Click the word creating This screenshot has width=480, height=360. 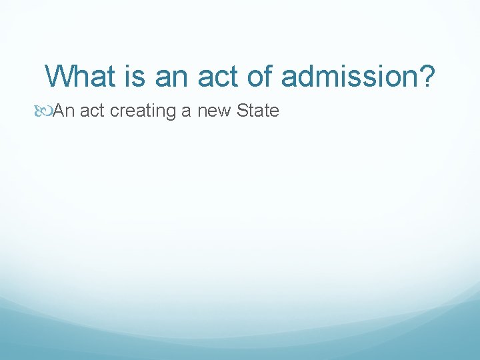[143, 111]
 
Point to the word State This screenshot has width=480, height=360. [257, 111]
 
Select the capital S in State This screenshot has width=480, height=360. [242, 111]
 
